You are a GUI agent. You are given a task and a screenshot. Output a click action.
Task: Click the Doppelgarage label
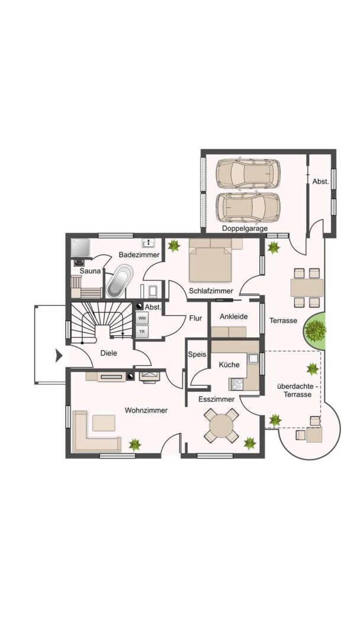point(245,228)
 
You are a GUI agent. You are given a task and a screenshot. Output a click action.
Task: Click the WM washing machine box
point(142,318)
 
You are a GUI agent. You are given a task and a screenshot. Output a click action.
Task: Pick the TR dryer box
point(142,331)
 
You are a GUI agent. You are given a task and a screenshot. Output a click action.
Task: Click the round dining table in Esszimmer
point(221,425)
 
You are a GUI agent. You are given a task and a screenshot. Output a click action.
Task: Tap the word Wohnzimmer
point(146,411)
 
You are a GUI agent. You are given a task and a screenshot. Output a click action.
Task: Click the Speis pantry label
point(197,354)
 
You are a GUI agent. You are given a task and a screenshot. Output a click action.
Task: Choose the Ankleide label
point(234,316)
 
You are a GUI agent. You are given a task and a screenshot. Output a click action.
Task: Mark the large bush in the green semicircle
point(315,330)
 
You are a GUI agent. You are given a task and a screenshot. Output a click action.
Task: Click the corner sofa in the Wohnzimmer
point(95,433)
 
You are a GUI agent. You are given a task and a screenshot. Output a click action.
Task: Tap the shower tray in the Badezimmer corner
point(80,247)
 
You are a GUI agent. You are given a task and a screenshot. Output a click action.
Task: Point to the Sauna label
point(89,271)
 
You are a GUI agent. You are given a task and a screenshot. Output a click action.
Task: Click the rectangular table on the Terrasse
point(307,288)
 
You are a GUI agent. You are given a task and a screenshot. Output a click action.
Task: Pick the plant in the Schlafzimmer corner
point(174,246)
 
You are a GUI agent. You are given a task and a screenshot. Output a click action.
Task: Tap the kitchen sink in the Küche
point(253,359)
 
